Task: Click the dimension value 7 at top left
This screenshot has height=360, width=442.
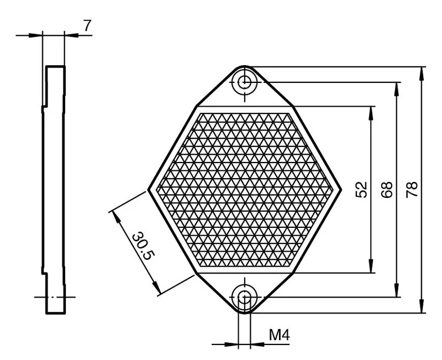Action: point(87,26)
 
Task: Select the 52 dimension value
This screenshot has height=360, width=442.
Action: point(362,190)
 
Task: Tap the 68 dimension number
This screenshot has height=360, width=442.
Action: point(386,190)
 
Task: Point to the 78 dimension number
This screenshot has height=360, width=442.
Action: point(412,190)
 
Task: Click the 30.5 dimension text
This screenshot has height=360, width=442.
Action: point(144,246)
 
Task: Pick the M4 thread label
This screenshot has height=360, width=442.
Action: point(280,335)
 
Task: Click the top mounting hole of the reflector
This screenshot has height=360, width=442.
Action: point(244,82)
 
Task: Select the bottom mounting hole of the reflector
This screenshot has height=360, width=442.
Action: point(244,297)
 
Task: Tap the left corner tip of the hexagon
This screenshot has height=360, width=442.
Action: point(148,190)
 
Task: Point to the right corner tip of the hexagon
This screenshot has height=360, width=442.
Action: point(341,190)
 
